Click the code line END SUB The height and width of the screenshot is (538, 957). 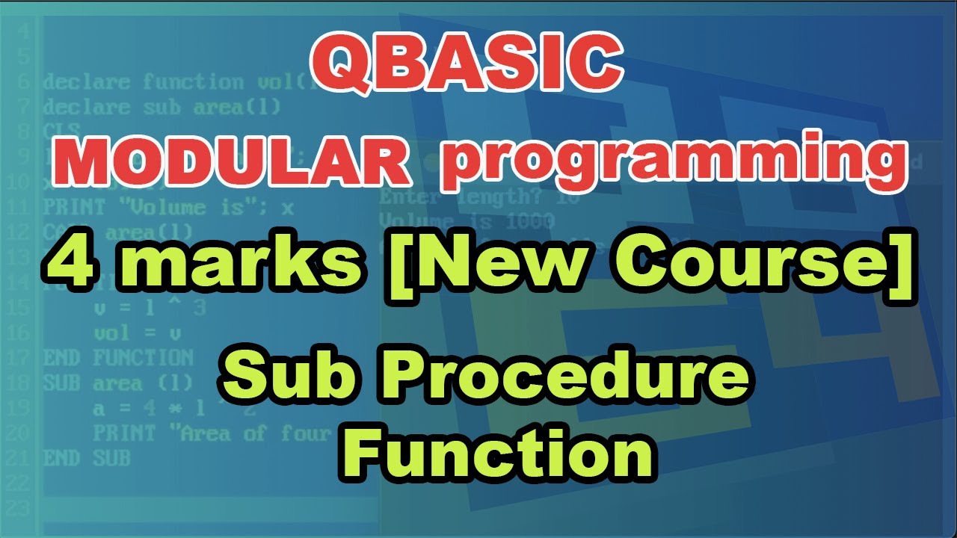coord(87,457)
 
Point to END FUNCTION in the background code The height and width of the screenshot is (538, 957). coord(118,357)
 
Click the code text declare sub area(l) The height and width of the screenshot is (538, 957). coord(161,107)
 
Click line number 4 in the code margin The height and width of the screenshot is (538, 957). coord(25,32)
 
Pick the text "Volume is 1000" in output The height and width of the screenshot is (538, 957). coord(467,222)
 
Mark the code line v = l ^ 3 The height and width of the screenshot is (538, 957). coord(150,308)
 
